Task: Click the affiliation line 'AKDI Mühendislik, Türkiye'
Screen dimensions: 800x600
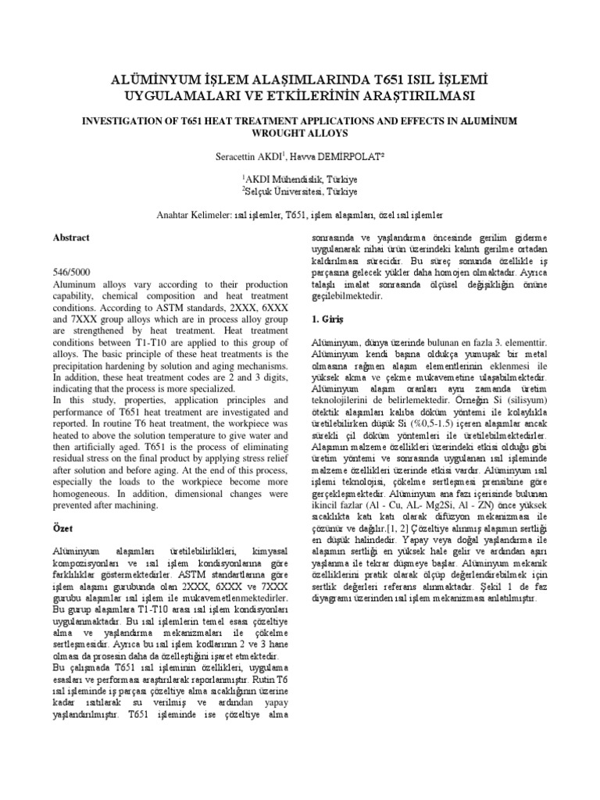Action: tap(301, 177)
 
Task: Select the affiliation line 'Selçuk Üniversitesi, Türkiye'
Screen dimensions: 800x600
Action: tap(301, 191)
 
